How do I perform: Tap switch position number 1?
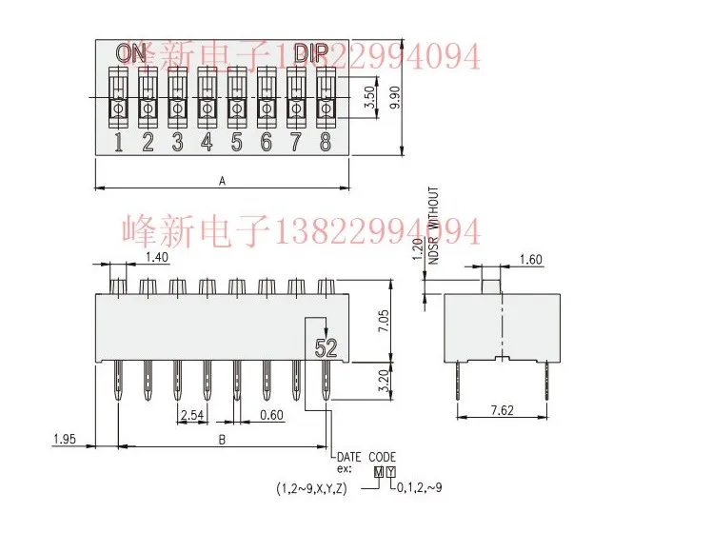[119, 143]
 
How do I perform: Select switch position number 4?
[207, 143]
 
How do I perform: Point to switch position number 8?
[326, 143]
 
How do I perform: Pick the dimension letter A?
[223, 180]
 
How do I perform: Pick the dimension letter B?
[223, 440]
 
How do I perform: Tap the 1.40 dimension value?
[157, 258]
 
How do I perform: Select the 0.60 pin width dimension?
[271, 415]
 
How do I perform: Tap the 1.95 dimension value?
[64, 440]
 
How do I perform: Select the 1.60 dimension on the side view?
[532, 259]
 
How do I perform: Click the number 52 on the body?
[326, 348]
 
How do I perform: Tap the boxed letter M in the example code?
[379, 471]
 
